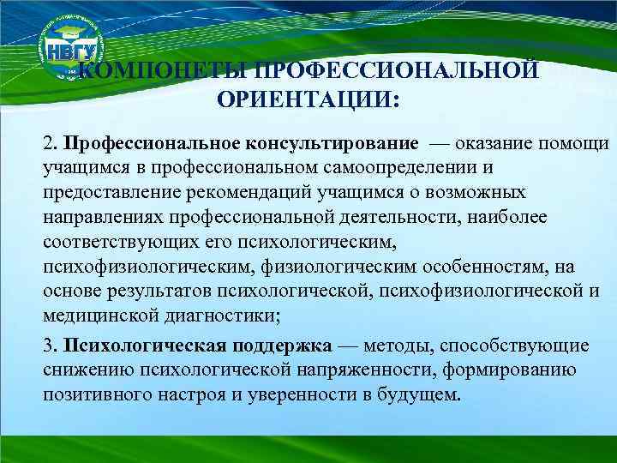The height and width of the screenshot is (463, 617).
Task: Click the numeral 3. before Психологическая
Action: [51, 346]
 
